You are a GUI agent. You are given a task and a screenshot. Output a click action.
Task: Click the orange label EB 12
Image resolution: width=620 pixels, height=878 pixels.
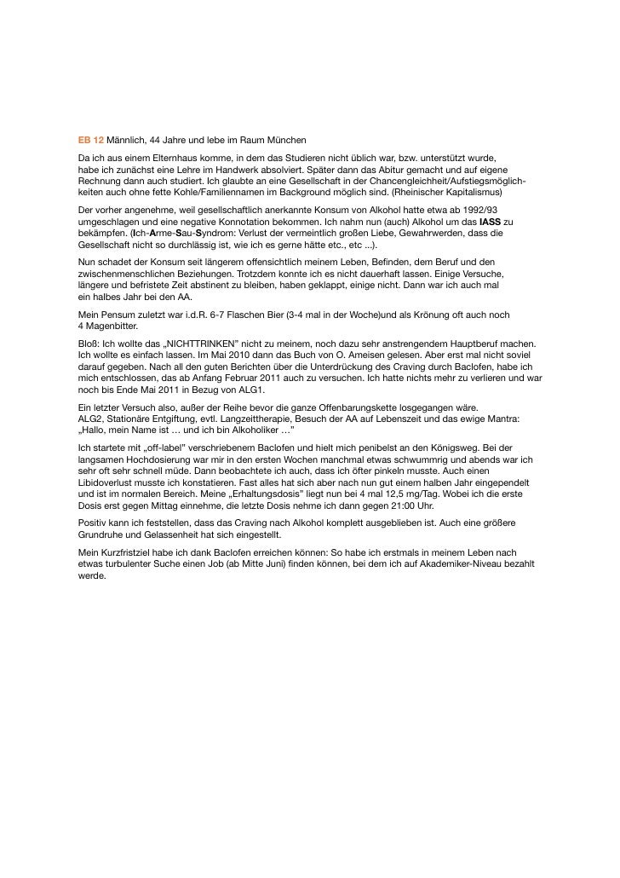90,139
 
